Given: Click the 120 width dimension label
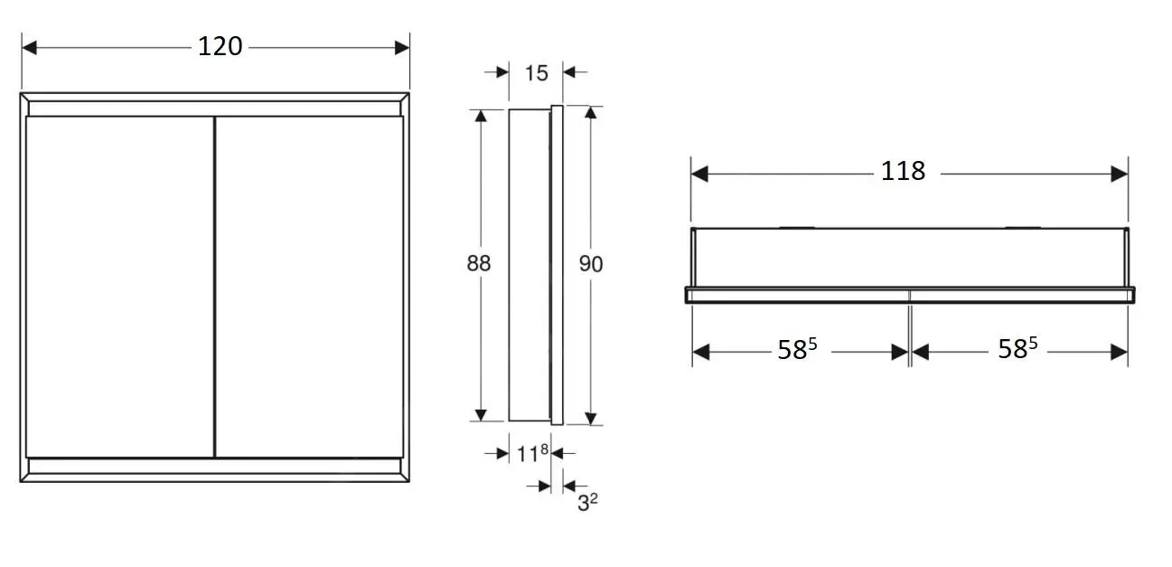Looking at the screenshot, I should coord(220,46).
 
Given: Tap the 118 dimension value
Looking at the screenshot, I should coord(903,171).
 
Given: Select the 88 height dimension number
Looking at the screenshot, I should coord(479,263).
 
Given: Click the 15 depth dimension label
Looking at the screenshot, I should coord(536,72).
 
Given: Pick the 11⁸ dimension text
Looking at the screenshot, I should coord(533,453).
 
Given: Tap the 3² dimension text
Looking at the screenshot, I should coord(587,502).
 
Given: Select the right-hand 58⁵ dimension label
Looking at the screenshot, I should coord(1017,349).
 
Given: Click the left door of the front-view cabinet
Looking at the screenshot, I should coord(119,285).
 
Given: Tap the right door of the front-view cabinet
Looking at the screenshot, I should coord(309,285).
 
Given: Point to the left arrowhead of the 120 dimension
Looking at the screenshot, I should coord(29,46).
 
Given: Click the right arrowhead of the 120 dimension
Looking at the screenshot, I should coord(402,46).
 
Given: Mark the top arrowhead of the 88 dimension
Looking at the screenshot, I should coord(481,115).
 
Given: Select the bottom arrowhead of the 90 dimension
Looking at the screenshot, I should coord(591,418).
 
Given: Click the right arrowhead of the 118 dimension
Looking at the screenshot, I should coord(1120,173).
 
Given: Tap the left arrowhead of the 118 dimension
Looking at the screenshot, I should coord(699,173).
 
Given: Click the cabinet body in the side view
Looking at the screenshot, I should coord(528,264).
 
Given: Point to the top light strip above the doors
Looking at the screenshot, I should coord(214,108).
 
